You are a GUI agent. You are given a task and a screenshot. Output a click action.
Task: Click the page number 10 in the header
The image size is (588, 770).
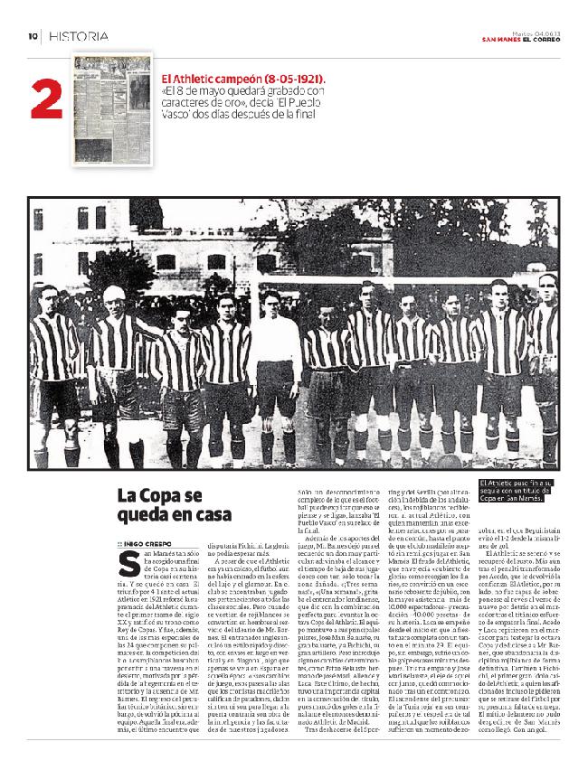pyautogui.click(x=32, y=37)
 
